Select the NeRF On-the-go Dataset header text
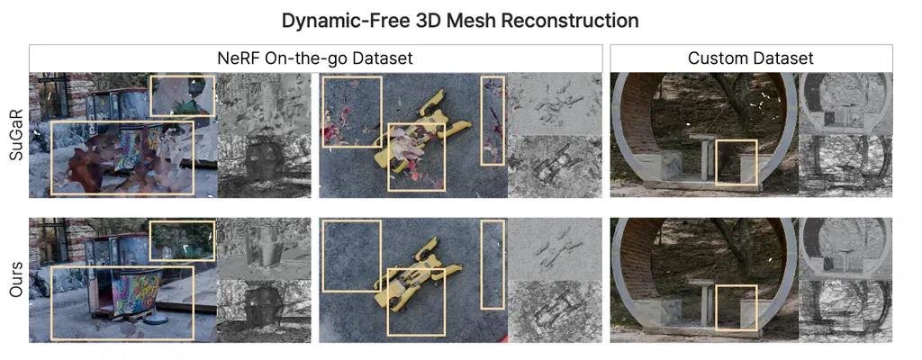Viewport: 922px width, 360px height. pyautogui.click(x=315, y=58)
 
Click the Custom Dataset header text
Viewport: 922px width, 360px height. pyautogui.click(x=751, y=58)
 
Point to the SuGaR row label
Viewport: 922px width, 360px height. pyautogui.click(x=15, y=135)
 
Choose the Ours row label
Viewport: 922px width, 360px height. pyautogui.click(x=15, y=280)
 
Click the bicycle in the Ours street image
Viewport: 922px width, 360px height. pyautogui.click(x=40, y=284)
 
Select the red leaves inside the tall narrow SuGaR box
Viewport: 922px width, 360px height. pyautogui.click(x=492, y=121)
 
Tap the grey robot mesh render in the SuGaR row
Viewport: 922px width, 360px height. pyautogui.click(x=555, y=166)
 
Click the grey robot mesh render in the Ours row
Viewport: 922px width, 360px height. pyautogui.click(x=555, y=311)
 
